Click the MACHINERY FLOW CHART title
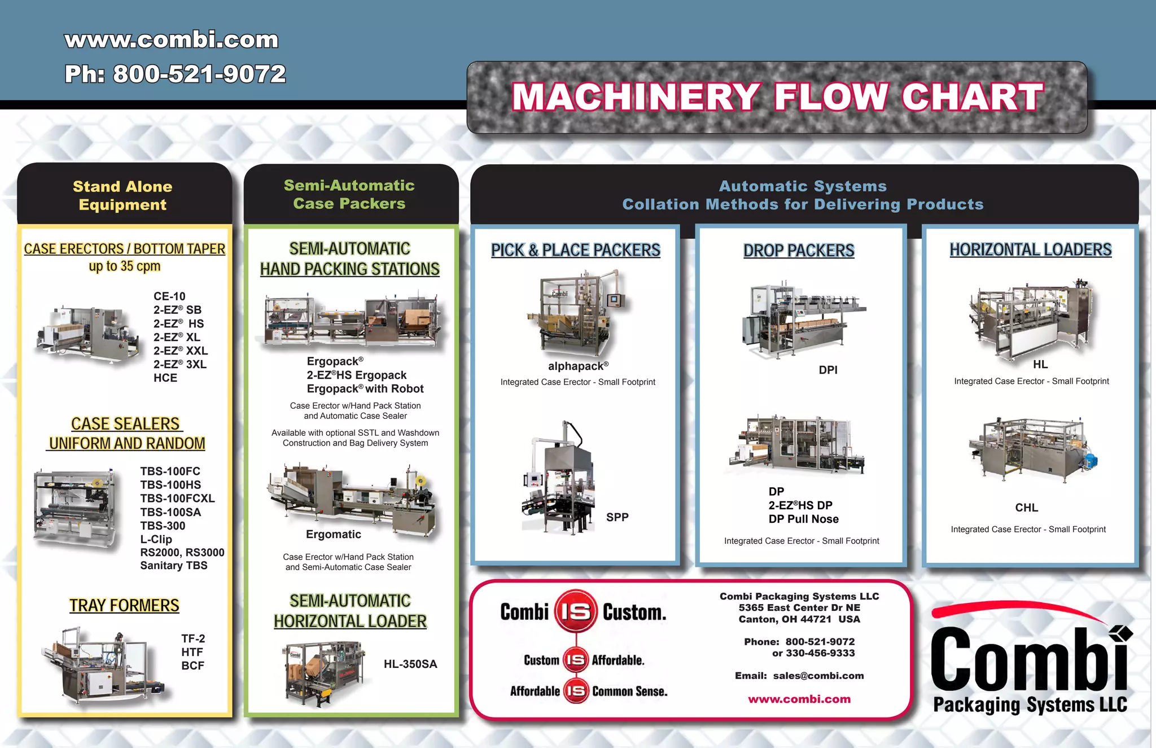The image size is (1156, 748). point(777,97)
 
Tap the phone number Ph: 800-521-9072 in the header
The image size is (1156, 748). point(175,74)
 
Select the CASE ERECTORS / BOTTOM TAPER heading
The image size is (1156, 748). point(124,249)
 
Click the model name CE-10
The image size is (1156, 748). point(169,296)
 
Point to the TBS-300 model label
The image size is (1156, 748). point(163,526)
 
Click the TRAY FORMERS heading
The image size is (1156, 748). point(124,605)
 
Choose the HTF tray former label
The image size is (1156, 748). point(192,652)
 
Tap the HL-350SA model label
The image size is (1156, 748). point(410,664)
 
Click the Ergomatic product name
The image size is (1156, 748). point(333,534)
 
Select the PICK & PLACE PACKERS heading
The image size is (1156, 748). point(575,250)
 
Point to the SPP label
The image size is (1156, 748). point(617,517)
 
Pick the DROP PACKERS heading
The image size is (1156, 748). point(799,251)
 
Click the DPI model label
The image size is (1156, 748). point(828,370)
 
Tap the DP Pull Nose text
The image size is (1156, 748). point(803,519)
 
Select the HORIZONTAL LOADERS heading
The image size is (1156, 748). point(1030,250)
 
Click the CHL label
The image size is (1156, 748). point(1026,508)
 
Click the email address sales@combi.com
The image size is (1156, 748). point(818,676)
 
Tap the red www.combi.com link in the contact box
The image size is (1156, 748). point(799,699)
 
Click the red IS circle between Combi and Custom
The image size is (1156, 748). point(576,611)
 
